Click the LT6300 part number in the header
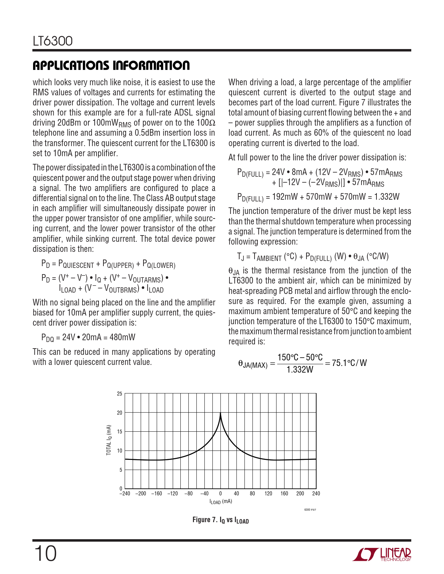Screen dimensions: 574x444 coord(53,41)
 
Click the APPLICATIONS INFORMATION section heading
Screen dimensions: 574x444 coord(111,65)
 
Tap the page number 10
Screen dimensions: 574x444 coord(45,553)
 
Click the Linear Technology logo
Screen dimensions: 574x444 coord(382,555)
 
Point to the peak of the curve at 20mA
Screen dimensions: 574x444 coord(220,413)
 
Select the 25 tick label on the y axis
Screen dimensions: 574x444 coord(119,394)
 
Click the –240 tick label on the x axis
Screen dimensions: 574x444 coord(125,494)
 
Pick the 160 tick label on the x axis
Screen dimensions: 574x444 coord(284,494)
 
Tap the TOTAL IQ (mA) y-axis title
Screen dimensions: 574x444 coord(109,440)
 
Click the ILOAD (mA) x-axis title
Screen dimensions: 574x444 coord(220,502)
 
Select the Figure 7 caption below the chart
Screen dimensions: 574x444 coord(220,520)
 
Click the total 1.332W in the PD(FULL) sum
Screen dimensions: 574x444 coord(387,197)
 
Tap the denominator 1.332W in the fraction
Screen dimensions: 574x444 coord(300,369)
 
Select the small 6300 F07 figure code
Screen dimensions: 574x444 coord(310,510)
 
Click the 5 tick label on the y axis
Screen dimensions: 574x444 coord(121,470)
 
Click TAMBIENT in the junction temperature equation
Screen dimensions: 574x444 coord(267,257)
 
